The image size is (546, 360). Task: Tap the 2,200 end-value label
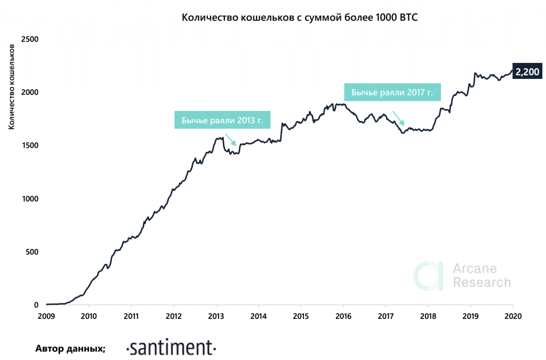tap(527, 72)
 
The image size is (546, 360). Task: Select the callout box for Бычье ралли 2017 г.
tap(392, 92)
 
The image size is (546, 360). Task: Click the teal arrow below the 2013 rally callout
tap(230, 139)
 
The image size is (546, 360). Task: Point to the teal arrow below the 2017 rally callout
tap(399, 118)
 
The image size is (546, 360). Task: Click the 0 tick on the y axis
tap(36, 305)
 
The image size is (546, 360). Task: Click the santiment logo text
tap(171, 348)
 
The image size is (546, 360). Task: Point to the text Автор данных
tap(70, 349)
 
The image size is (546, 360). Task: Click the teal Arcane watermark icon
tap(429, 276)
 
